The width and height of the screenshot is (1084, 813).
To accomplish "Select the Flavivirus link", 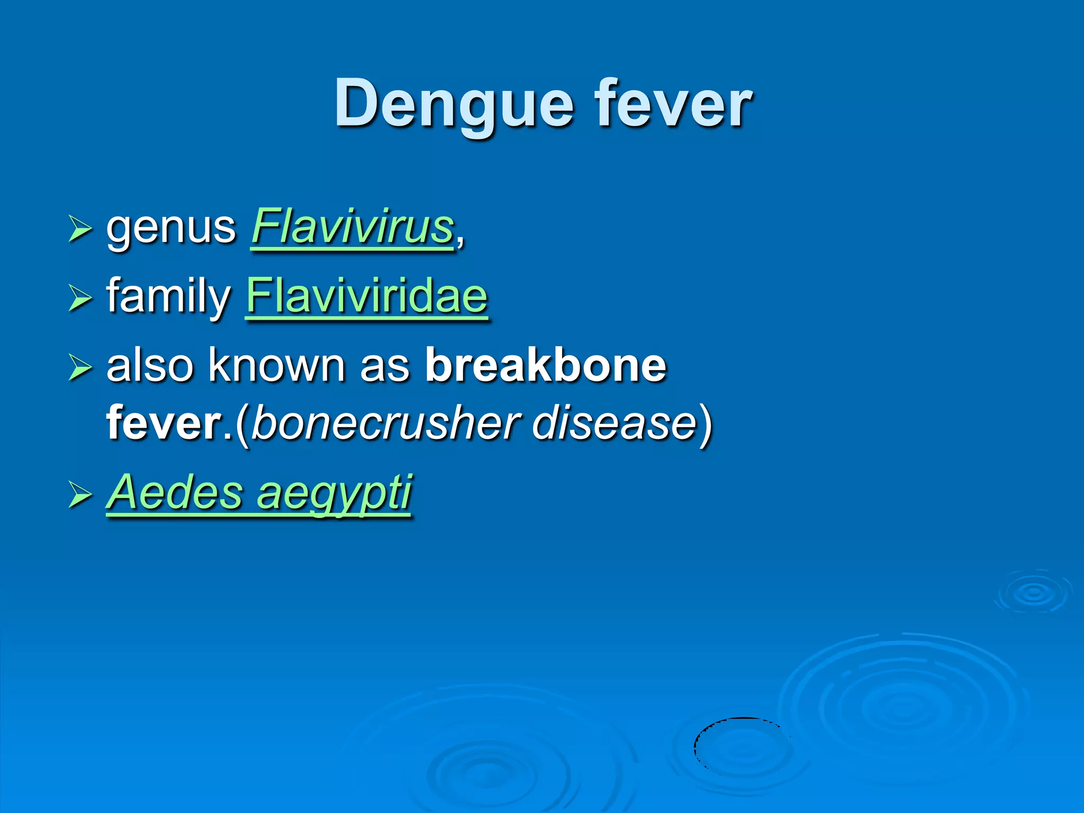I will pos(353,228).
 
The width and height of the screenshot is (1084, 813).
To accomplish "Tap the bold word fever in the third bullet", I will pos(164,423).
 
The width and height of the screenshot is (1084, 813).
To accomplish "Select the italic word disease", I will pos(614,423).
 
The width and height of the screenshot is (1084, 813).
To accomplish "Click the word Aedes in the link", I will pos(175,492).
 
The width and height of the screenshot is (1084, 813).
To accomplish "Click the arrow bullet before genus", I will pos(80,230).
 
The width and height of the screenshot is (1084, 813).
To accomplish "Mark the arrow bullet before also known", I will pos(80,367).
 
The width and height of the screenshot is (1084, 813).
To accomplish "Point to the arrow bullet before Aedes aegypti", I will pos(80,495).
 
